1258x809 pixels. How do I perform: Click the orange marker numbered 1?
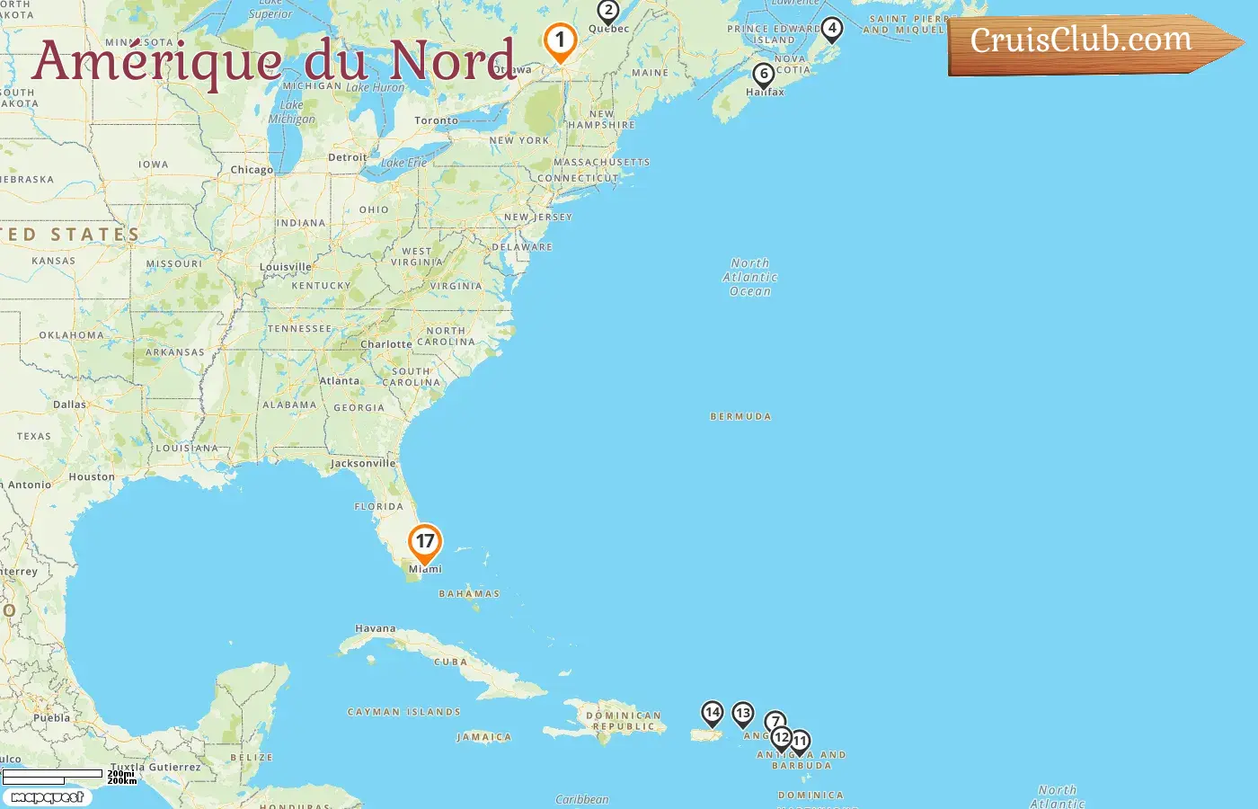[x=560, y=41]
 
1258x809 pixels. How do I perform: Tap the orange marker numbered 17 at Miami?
[x=425, y=543]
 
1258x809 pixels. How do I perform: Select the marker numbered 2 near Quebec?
[x=608, y=12]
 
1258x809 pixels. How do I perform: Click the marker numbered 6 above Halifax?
[x=763, y=75]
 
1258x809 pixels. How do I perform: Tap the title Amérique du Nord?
[x=274, y=61]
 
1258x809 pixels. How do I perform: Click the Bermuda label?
[x=740, y=417]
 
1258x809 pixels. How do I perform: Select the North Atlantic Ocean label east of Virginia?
[x=750, y=277]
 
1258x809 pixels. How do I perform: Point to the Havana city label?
[x=376, y=629]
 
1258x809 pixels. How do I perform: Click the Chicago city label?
[x=252, y=170]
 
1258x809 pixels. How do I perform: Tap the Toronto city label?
[x=436, y=120]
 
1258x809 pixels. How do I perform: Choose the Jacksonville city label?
[x=363, y=464]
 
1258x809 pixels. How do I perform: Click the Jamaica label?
[x=484, y=737]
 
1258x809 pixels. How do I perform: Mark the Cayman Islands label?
[x=404, y=712]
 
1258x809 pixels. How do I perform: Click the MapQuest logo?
[x=47, y=797]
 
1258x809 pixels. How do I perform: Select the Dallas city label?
[x=69, y=404]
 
